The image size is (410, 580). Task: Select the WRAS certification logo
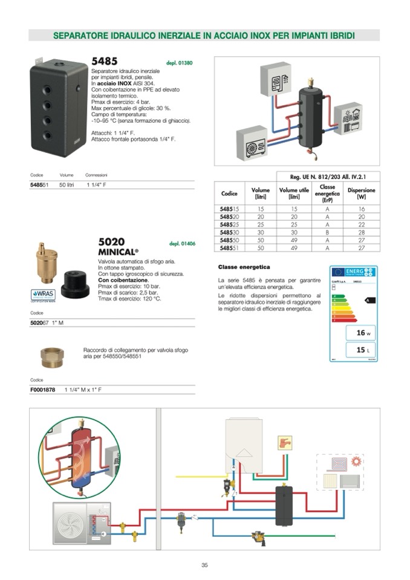(42, 295)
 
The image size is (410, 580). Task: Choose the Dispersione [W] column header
(361, 194)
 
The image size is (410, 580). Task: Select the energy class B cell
(327, 232)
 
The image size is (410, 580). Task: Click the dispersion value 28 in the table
(361, 232)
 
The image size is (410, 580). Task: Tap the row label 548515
(229, 209)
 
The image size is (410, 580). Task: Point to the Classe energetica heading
(244, 267)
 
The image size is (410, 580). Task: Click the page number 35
(204, 565)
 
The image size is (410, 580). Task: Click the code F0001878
(42, 390)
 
